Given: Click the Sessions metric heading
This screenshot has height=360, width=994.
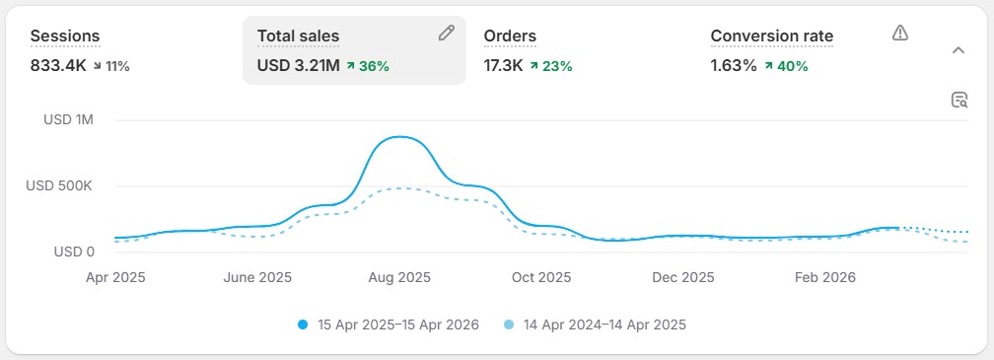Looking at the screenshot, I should coord(65,36).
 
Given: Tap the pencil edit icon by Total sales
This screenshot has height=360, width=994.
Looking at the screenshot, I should coord(447,34).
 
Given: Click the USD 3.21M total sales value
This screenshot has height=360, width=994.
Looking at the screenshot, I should coord(299,66).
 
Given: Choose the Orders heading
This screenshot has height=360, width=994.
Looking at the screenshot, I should coord(510,36).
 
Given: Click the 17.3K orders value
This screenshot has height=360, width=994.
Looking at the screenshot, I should coord(502,66).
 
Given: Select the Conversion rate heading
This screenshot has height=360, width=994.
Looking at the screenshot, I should coord(772,36).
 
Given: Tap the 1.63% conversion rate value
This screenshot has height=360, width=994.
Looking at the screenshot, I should coord(734,66).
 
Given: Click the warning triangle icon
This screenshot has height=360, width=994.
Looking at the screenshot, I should coord(899,34).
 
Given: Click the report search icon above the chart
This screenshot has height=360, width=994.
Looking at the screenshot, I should coord(958,99).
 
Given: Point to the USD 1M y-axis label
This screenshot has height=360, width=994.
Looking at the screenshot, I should coord(68,120).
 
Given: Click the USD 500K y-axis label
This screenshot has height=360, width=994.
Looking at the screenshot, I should coord(59,185).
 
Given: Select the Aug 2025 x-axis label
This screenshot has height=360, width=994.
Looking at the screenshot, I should coord(398,277).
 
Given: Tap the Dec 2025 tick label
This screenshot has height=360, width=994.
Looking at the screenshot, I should coord(683,277).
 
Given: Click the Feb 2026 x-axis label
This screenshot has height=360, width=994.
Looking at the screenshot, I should coord(826,277).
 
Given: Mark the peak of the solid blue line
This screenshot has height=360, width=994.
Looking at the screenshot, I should coord(398,137).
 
